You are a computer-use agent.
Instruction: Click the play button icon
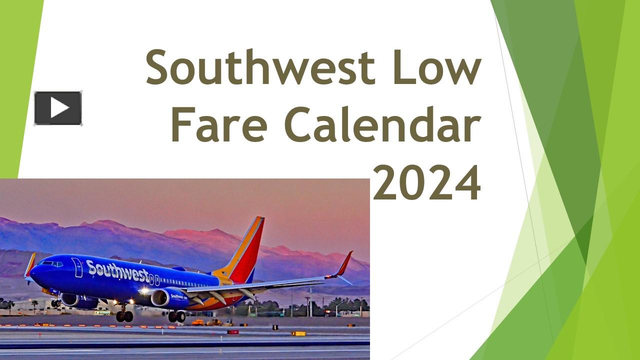point(58,108)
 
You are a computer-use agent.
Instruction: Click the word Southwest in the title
point(260,67)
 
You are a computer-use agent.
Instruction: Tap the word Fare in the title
point(219,124)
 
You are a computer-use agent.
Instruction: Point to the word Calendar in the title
point(382,124)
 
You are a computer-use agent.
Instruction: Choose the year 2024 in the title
point(427,182)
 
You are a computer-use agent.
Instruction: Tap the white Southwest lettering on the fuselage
point(117,271)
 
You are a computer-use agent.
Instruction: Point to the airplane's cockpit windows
point(51,263)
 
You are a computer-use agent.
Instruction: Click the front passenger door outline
point(77,267)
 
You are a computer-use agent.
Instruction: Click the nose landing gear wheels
point(55,303)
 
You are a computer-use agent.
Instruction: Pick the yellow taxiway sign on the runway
point(298,333)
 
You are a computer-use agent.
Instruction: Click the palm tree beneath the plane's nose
point(34,305)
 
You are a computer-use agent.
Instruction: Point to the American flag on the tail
point(225,273)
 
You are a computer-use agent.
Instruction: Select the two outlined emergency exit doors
point(154,280)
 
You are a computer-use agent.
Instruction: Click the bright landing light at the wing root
point(144,291)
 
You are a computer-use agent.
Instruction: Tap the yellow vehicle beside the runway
point(198,322)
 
